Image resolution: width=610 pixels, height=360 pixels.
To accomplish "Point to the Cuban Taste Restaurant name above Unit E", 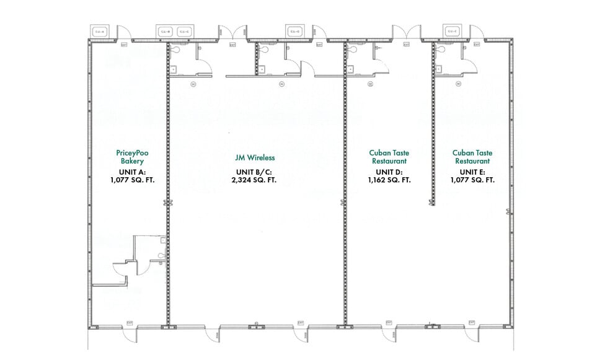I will coord(472,156).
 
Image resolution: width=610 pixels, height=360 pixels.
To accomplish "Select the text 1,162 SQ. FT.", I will coord(389,180).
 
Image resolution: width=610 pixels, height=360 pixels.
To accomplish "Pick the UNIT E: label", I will coord(472,171).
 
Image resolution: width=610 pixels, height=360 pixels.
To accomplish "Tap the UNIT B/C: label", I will coord(255,172).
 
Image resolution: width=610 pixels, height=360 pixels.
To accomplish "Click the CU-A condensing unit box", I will coord(100,31).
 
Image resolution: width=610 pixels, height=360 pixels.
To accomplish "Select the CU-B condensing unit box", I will coord(166,31).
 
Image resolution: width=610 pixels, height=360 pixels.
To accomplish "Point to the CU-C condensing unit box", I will coord(185,31).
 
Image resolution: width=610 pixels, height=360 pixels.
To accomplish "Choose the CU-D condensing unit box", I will coord(294,31).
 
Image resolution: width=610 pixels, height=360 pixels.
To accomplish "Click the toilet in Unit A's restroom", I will coord(162,255).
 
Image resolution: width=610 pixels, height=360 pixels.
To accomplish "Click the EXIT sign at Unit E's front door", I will coord(471,323).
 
